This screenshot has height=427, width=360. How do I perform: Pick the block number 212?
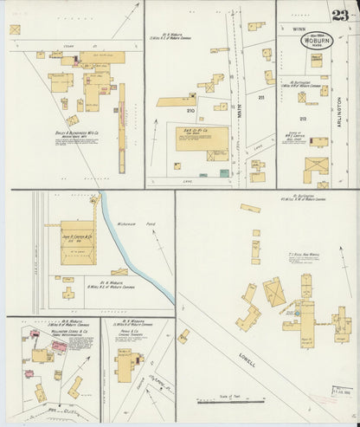(x=302, y=118)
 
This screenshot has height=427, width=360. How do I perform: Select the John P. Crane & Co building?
(x=76, y=242)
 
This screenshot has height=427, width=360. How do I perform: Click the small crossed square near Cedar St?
(x=15, y=29)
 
